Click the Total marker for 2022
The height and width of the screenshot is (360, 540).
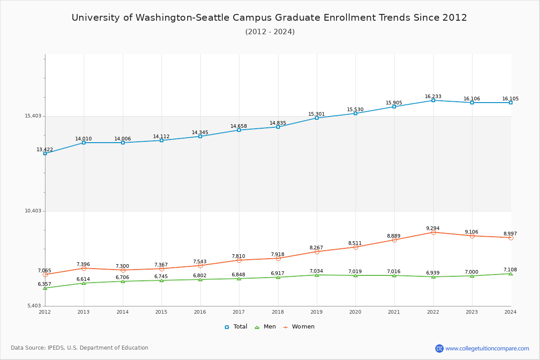433,100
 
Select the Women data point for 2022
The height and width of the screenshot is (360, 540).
433,232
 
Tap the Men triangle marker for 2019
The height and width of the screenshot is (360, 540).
317,275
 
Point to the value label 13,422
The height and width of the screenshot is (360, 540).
45,149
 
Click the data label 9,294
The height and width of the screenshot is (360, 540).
433,228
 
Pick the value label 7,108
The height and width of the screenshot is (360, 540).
510,270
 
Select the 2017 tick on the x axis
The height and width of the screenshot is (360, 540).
239,311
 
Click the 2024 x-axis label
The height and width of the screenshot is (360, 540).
510,311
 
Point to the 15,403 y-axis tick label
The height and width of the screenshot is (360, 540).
33,116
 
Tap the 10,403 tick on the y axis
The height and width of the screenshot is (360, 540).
33,211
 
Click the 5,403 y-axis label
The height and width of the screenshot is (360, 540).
34,306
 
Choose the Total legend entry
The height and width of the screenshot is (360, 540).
236,327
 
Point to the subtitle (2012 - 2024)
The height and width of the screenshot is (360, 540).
270,31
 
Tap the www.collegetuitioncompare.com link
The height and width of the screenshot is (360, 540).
487,348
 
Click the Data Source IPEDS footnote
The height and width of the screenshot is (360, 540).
80,348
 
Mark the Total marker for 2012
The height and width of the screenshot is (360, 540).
45,153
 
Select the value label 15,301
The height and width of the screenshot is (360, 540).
316,114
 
